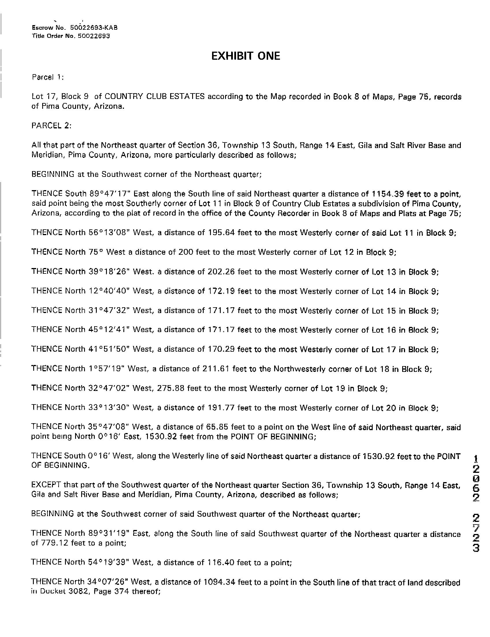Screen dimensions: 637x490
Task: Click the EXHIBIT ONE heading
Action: (x=245, y=56)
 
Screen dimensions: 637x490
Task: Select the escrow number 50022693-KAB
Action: (x=94, y=28)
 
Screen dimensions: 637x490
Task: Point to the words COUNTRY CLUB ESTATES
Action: (x=155, y=96)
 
